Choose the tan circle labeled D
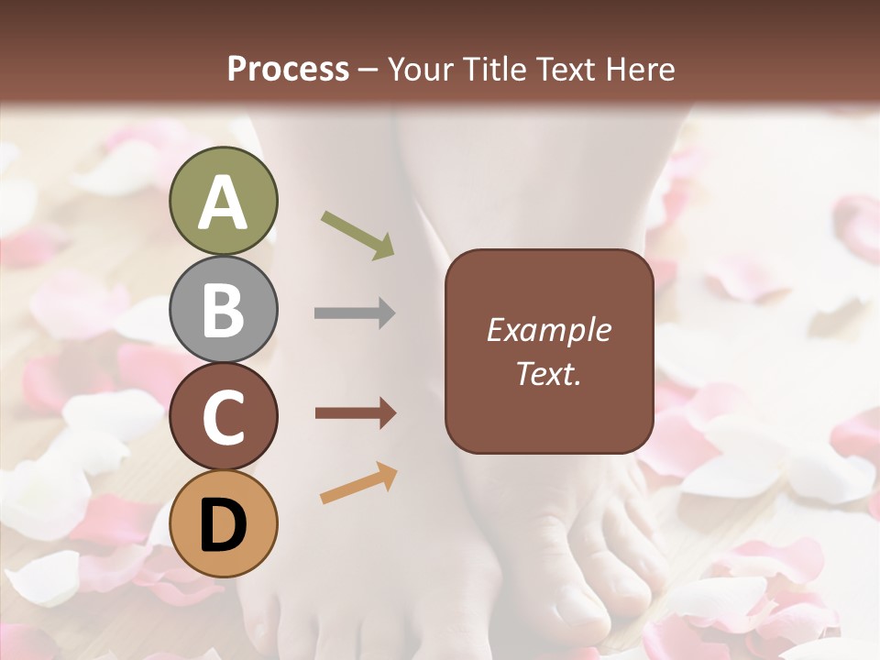(223, 523)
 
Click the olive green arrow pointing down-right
(357, 234)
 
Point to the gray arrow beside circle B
(355, 313)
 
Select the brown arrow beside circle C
(355, 413)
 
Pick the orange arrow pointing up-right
(358, 482)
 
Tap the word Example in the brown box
(548, 330)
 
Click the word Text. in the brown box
(548, 374)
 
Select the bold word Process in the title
(288, 69)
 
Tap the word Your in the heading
(418, 69)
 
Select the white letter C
(223, 417)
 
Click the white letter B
(223, 310)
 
